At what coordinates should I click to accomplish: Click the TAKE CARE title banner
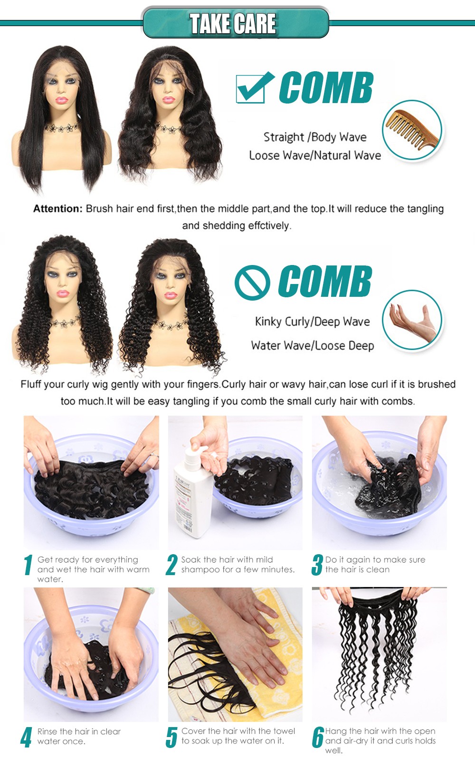[236, 23]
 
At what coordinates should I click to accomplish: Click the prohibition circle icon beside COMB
[252, 283]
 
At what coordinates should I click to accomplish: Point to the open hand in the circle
[412, 322]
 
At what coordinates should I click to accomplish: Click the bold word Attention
[58, 209]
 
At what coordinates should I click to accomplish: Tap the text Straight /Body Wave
[315, 137]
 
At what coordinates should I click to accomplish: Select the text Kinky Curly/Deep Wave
[313, 322]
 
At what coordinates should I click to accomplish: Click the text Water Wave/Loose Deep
[313, 345]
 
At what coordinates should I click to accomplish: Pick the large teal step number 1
[28, 565]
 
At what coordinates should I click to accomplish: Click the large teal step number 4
[27, 737]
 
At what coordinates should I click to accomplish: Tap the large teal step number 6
[318, 737]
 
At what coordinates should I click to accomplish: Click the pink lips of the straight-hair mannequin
[62, 100]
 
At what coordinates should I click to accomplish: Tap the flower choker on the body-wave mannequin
[168, 128]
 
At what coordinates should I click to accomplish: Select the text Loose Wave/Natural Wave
[315, 155]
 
